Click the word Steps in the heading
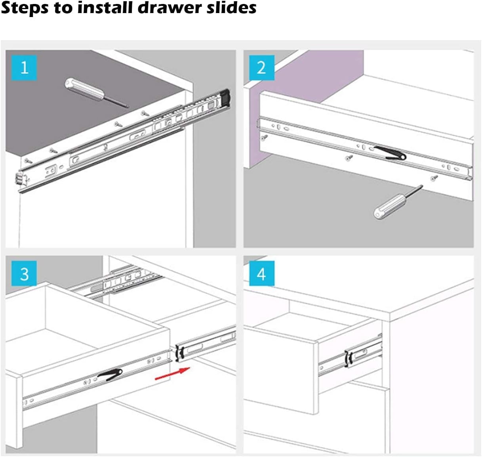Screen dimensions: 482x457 (25, 8)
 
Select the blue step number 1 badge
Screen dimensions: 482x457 (24, 68)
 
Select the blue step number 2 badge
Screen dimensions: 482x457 (261, 68)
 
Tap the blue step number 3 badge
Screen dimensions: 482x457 (24, 273)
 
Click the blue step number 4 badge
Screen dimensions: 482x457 (261, 273)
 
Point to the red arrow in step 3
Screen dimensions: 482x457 (172, 374)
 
